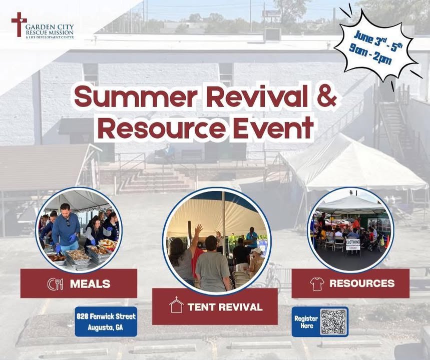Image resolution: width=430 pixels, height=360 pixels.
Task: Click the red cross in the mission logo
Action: pyautogui.click(x=19, y=24)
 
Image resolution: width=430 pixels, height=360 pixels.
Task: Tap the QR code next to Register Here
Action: pyautogui.click(x=333, y=321)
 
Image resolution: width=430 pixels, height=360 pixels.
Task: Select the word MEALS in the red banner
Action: pyautogui.click(x=90, y=284)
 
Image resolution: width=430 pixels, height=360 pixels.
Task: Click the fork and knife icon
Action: pyautogui.click(x=55, y=284)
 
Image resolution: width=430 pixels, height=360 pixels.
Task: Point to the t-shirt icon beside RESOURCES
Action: pyautogui.click(x=317, y=284)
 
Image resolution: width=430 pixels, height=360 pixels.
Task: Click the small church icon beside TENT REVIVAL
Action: pyautogui.click(x=176, y=304)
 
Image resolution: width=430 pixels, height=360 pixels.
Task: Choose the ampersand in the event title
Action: pyautogui.click(x=326, y=96)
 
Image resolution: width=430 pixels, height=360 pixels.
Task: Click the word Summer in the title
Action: pyautogui.click(x=136, y=96)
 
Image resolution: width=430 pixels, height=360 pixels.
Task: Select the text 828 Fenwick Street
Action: pyautogui.click(x=106, y=316)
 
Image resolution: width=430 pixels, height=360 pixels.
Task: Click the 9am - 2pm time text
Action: pyautogui.click(x=370, y=54)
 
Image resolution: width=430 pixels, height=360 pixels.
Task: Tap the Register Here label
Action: pyautogui.click(x=306, y=322)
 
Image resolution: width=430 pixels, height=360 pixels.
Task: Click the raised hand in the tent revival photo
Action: pyautogui.click(x=198, y=228)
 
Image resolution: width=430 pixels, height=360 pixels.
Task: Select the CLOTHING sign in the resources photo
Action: pyautogui.click(x=353, y=244)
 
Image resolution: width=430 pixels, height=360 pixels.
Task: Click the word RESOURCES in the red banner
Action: pyautogui.click(x=362, y=283)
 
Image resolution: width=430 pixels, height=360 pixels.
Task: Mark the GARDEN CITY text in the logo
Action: pyautogui.click(x=50, y=27)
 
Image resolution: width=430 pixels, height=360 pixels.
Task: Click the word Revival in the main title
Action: pyautogui.click(x=257, y=96)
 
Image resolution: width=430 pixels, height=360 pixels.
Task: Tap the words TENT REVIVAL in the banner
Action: pyautogui.click(x=225, y=307)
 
